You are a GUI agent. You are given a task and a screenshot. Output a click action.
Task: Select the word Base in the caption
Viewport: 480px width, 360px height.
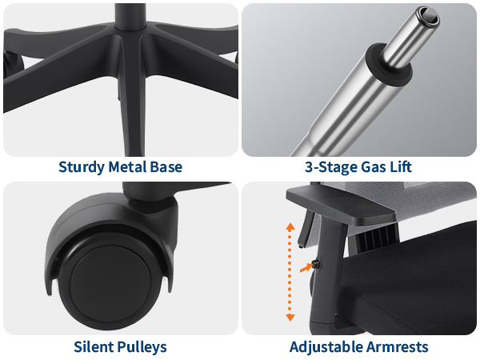click(166, 167)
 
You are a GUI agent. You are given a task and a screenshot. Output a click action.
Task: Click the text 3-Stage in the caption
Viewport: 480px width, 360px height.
click(331, 167)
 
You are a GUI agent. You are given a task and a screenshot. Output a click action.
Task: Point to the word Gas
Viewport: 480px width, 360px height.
click(373, 167)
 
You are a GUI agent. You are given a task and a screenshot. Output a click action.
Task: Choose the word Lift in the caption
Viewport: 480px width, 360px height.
click(400, 167)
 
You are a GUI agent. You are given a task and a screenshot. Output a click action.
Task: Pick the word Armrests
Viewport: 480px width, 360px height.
click(397, 347)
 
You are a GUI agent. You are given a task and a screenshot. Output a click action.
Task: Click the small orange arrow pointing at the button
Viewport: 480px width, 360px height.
click(306, 268)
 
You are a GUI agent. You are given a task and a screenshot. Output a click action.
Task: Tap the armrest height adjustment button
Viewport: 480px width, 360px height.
click(316, 264)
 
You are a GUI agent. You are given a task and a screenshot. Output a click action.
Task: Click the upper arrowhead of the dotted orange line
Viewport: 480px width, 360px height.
click(290, 226)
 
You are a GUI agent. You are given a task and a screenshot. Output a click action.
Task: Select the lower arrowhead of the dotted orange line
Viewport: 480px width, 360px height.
click(290, 318)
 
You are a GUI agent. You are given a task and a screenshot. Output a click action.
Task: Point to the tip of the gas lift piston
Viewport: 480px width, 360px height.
click(430, 14)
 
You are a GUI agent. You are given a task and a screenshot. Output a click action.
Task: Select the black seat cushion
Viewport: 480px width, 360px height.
click(410, 285)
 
